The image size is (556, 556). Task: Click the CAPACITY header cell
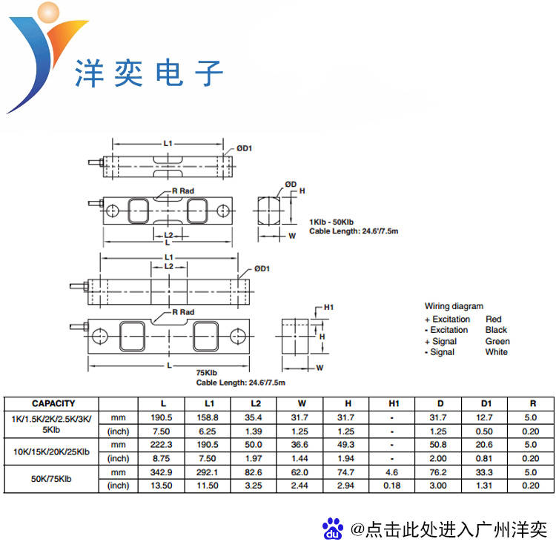[53, 403]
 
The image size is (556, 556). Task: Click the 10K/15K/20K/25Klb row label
[51, 451]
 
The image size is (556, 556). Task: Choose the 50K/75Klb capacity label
[52, 478]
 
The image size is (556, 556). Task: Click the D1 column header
[486, 403]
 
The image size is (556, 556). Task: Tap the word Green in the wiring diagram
[497, 341]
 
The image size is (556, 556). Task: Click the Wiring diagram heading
[454, 306]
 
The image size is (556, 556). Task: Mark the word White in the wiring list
[496, 352]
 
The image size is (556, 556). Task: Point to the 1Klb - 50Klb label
[331, 222]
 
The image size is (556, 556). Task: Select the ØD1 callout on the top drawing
[245, 148]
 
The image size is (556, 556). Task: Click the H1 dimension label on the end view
[330, 308]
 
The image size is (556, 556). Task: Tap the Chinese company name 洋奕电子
[150, 74]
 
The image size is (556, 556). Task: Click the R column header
[532, 403]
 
